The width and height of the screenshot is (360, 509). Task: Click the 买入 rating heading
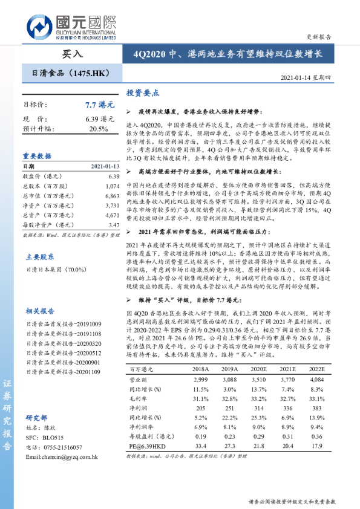tap(72, 54)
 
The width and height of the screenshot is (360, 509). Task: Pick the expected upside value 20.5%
tap(99, 129)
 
